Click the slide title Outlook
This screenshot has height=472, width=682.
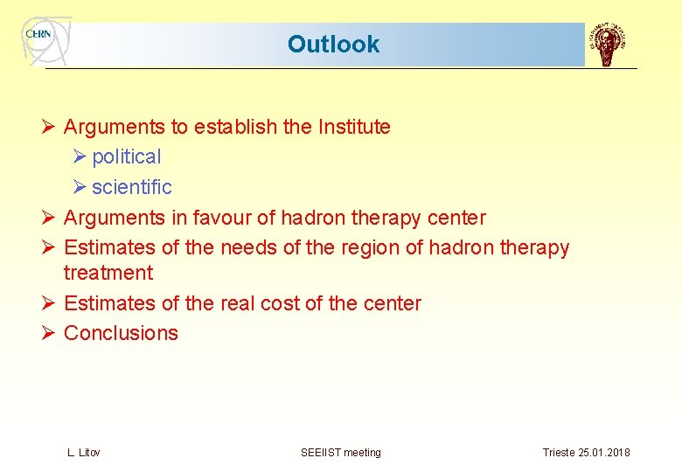pyautogui.click(x=333, y=45)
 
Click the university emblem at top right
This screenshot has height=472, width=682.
pyautogui.click(x=609, y=45)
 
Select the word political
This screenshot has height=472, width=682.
pyautogui.click(x=127, y=157)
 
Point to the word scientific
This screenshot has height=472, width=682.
pyautogui.click(x=132, y=187)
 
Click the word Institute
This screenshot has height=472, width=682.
pyautogui.click(x=346, y=127)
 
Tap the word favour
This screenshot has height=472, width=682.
pyautogui.click(x=224, y=218)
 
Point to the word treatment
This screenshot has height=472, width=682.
pyautogui.click(x=108, y=274)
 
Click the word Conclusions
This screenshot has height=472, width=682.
pyautogui.click(x=121, y=333)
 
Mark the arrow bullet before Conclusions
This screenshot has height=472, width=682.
pyautogui.click(x=50, y=333)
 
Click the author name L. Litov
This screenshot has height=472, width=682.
pyautogui.click(x=84, y=453)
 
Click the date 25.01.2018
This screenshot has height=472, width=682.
pyautogui.click(x=603, y=453)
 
